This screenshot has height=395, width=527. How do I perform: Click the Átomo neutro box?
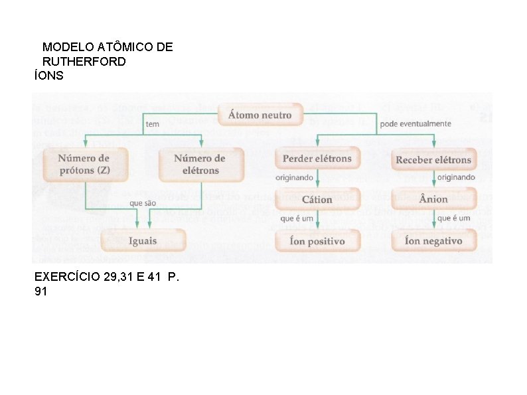click(x=260, y=115)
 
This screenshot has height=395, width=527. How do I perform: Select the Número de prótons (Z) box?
click(x=84, y=164)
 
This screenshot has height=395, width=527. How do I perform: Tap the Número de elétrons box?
click(x=200, y=164)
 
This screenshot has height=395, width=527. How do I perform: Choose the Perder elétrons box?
click(x=317, y=159)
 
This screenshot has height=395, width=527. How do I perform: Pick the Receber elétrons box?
click(x=433, y=159)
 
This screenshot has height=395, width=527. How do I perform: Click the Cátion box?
click(x=317, y=199)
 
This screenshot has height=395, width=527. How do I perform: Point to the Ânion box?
click(x=433, y=199)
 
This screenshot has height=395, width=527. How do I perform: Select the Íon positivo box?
click(x=317, y=241)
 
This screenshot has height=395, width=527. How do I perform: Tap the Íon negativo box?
click(x=433, y=241)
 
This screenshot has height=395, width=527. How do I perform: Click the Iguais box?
click(x=143, y=240)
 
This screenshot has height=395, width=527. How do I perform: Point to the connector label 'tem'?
click(x=153, y=124)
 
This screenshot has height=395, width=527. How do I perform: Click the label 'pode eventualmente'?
click(x=415, y=123)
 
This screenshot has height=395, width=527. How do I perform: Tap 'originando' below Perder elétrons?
click(x=295, y=178)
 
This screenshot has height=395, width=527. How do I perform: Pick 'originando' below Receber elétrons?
click(x=456, y=177)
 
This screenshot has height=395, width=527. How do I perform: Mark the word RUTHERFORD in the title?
click(x=84, y=62)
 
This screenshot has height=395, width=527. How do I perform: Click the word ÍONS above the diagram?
click(x=49, y=76)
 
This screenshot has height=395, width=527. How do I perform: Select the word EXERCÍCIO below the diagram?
click(x=68, y=277)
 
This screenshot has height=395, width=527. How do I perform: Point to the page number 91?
click(x=40, y=291)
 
